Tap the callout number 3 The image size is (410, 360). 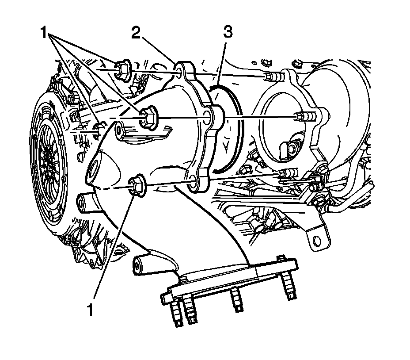tap(228, 33)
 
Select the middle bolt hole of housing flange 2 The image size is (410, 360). tap(207, 118)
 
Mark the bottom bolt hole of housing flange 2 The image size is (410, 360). tap(193, 183)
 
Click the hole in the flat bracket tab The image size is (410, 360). tap(316, 240)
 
